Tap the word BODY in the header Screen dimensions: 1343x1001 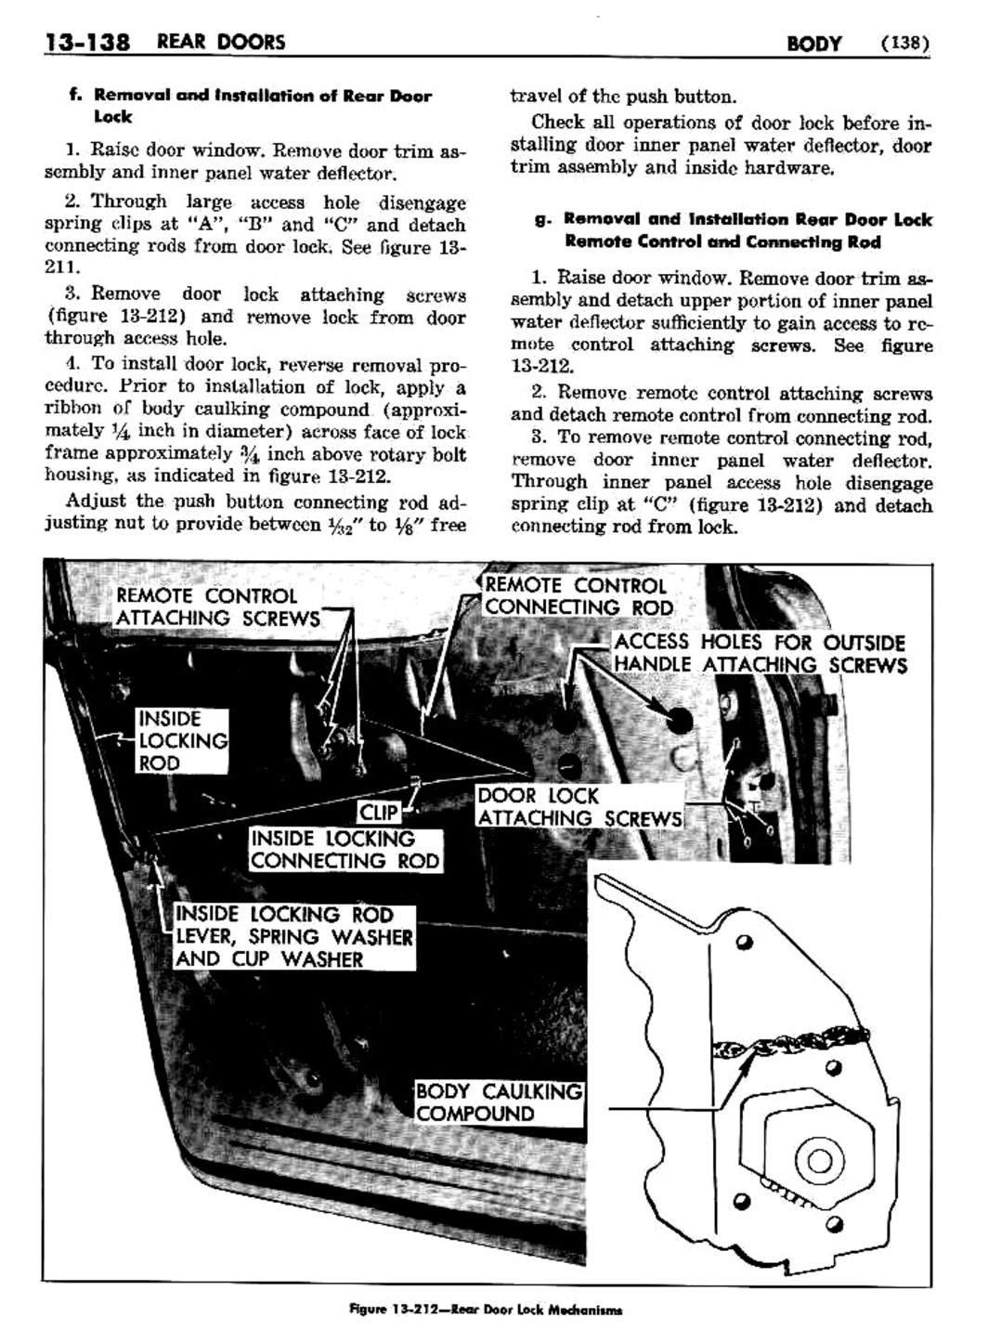pos(813,43)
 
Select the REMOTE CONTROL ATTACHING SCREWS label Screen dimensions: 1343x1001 pos(217,606)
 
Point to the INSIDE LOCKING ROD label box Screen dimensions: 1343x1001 pos(182,740)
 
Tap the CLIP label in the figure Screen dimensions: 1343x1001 pos(379,813)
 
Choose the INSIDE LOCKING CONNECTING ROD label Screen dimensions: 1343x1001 pos(344,849)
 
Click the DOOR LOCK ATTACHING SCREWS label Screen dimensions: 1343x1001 pos(578,806)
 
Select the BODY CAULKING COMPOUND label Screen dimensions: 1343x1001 pos(499,1102)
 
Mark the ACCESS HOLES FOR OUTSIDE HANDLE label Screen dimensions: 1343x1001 pos(759,653)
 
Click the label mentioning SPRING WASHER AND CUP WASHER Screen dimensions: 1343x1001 pos(293,936)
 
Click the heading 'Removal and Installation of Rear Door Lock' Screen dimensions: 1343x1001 pos(251,105)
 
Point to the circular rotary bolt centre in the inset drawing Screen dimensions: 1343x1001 pos(819,1161)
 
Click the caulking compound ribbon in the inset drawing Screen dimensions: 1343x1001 pos(789,1047)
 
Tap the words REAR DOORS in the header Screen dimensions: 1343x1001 pos(221,42)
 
